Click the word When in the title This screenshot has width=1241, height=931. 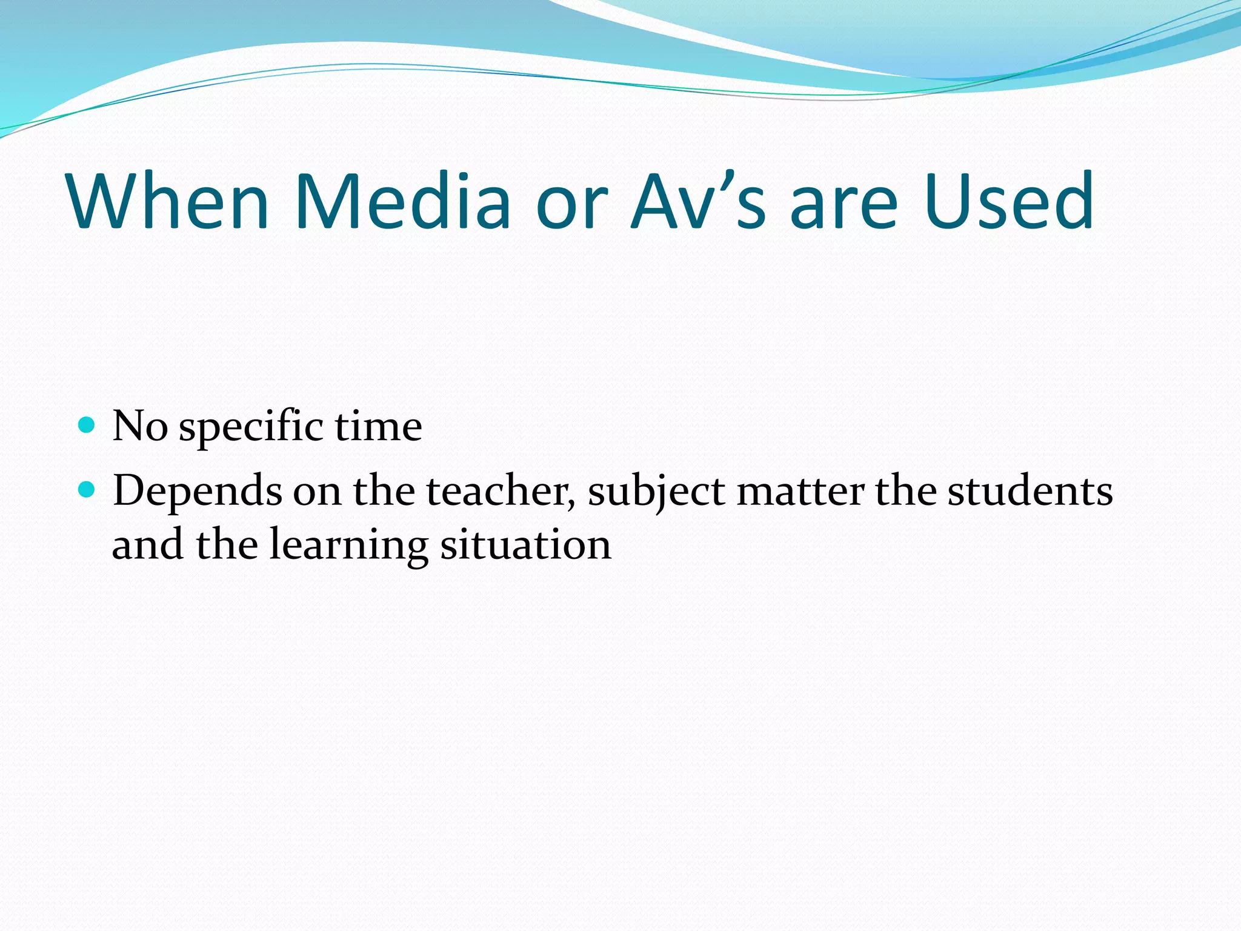tap(168, 201)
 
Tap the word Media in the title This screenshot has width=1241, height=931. tap(402, 201)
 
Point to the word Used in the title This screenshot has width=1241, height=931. tap(1008, 201)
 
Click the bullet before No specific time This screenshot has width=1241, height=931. tap(87, 424)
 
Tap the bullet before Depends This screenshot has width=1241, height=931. tap(87, 489)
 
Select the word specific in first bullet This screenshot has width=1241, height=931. tap(251, 427)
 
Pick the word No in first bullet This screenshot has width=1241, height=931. tap(140, 426)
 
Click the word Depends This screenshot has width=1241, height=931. tap(198, 492)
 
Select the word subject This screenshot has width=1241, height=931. tap(656, 492)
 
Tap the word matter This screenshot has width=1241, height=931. tap(800, 492)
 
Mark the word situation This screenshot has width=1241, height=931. tap(525, 544)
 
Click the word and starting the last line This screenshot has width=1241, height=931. tap(148, 544)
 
